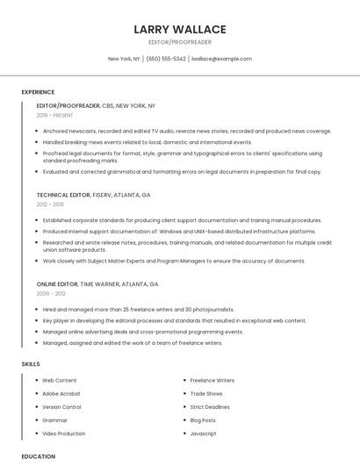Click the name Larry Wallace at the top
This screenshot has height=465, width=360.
(180, 29)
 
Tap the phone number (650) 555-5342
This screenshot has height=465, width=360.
(166, 59)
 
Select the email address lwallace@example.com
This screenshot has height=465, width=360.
(221, 59)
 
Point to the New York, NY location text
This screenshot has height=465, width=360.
(124, 59)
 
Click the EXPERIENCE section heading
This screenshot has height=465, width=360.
(38, 91)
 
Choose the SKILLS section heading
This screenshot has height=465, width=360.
(31, 362)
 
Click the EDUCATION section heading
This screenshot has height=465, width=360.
(39, 456)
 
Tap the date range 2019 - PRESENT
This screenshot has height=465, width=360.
(55, 115)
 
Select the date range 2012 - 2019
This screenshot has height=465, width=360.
(49, 204)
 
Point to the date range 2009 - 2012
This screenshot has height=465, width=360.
(49, 294)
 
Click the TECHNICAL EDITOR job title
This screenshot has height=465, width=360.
(64, 195)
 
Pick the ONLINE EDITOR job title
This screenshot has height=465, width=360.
(57, 284)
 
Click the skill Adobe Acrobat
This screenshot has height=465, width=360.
(61, 394)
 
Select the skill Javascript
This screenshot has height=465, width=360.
(203, 433)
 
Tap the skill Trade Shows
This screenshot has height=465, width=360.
(206, 394)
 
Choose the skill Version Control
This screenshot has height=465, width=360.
(61, 407)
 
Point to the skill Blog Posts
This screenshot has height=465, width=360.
(204, 420)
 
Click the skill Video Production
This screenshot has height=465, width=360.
(64, 433)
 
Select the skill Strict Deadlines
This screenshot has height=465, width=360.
(210, 407)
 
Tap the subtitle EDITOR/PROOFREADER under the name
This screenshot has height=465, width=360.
(180, 43)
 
